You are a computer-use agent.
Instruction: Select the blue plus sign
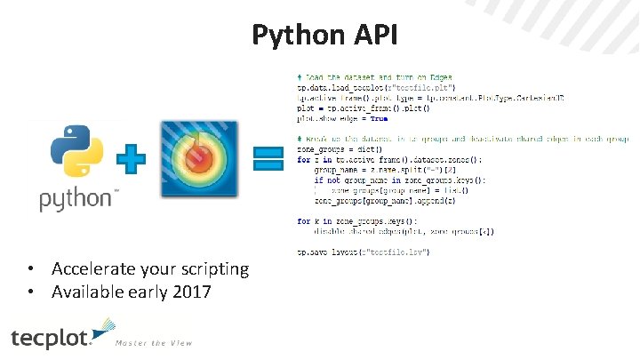pos(131,160)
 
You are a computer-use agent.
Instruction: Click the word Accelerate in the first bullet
pos(94,268)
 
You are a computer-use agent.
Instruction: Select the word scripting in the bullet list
pos(215,268)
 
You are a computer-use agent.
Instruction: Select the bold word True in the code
pos(379,117)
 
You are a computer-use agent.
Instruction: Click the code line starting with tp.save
pos(364,252)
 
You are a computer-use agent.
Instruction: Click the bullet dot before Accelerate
pos(30,268)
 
